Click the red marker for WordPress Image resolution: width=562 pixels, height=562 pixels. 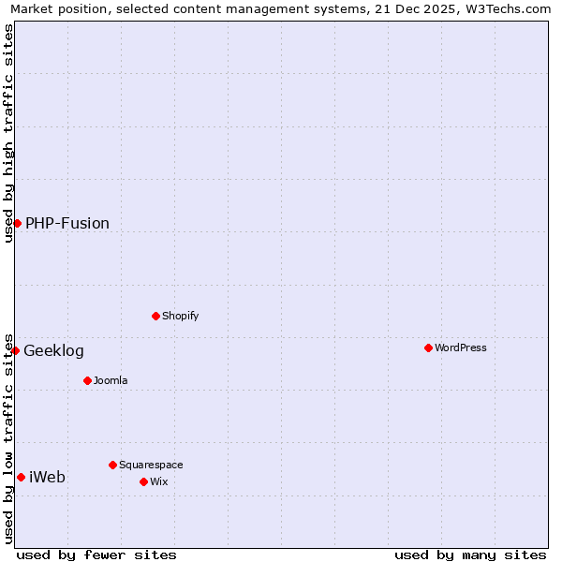point(428,348)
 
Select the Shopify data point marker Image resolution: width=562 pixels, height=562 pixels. point(155,316)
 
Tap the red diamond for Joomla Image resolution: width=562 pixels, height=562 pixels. point(87,380)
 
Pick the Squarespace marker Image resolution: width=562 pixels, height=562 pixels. point(112,465)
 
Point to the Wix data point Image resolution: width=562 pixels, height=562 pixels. point(143,481)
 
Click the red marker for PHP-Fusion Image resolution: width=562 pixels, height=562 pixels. point(17,223)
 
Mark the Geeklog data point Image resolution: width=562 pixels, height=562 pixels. point(15,350)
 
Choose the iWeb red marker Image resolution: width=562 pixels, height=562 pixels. point(21,477)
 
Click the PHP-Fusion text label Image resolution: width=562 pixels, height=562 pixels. point(67,223)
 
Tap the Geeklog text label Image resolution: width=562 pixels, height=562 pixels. point(53,351)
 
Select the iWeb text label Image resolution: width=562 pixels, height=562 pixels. point(47,478)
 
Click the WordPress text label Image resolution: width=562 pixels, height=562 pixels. point(461,348)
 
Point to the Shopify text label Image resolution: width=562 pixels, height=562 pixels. point(181,316)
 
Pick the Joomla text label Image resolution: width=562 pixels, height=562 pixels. point(111,380)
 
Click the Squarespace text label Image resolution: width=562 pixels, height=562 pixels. point(151,465)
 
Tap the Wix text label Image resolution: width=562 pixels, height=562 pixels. point(158,481)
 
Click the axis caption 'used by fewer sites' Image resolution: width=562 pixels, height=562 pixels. point(96,555)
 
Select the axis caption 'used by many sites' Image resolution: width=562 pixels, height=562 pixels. point(470,555)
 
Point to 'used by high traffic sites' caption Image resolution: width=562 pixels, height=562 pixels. point(9,133)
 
